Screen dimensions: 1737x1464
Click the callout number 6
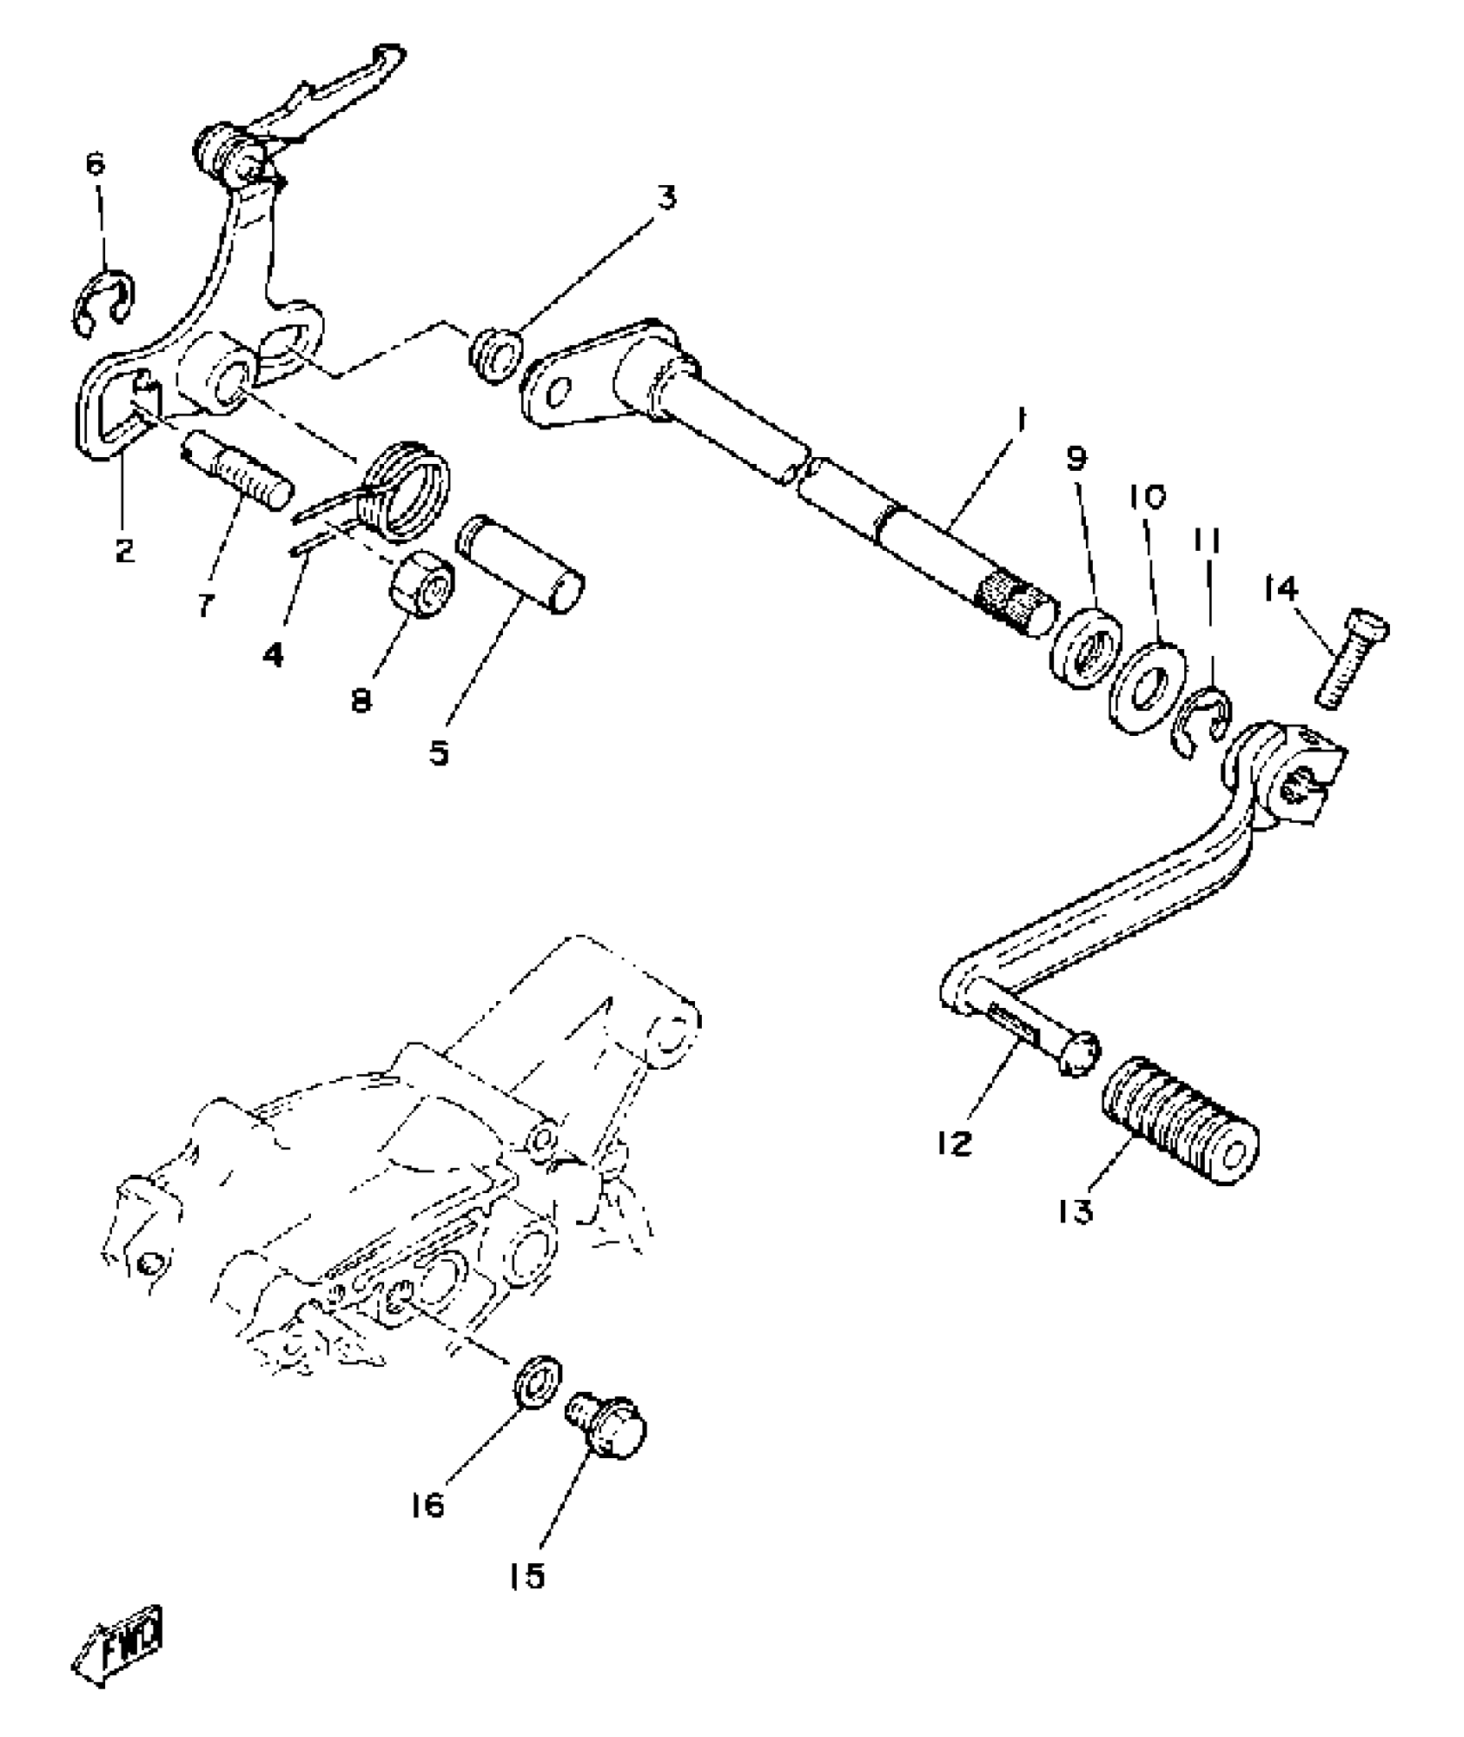tap(96, 163)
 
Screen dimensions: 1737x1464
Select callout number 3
tap(664, 198)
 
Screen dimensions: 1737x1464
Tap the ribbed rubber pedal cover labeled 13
tap(1181, 1120)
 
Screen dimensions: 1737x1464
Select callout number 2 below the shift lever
tap(125, 549)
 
